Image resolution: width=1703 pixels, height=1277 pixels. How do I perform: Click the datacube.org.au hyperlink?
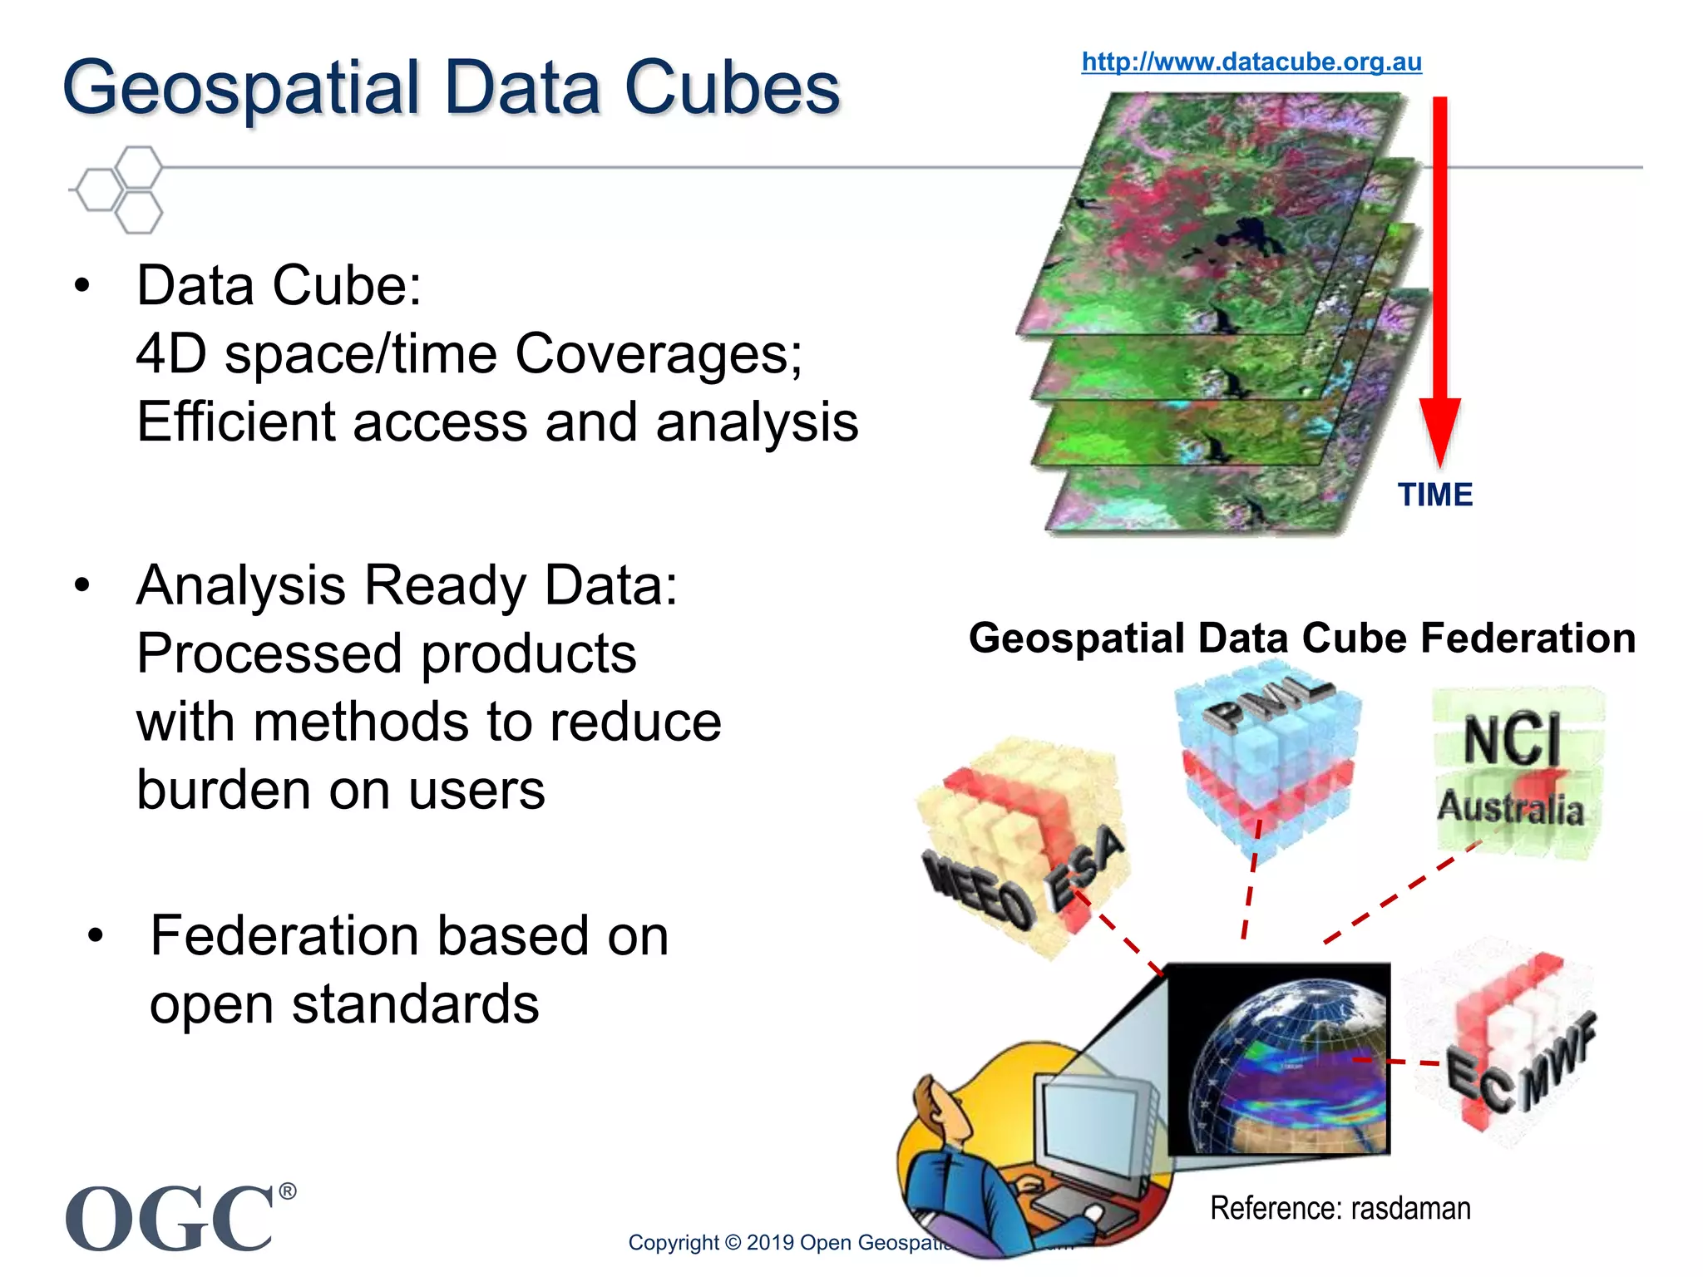click(x=1251, y=62)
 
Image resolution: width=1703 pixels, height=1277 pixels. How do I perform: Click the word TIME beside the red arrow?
click(x=1434, y=495)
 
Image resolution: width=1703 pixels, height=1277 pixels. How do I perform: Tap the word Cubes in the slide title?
click(x=732, y=88)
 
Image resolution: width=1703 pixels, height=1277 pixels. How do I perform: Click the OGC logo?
click(x=170, y=1217)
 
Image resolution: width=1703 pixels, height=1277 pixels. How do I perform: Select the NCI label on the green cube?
click(x=1512, y=739)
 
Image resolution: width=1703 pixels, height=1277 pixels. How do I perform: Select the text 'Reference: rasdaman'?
click(x=1340, y=1208)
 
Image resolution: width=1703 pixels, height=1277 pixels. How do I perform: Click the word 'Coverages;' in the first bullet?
click(x=659, y=354)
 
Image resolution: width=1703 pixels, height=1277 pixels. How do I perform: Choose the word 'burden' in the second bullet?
click(x=223, y=789)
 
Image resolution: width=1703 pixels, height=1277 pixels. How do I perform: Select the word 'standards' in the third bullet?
click(x=415, y=1004)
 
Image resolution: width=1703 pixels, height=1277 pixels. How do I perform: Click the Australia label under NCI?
click(x=1510, y=808)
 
